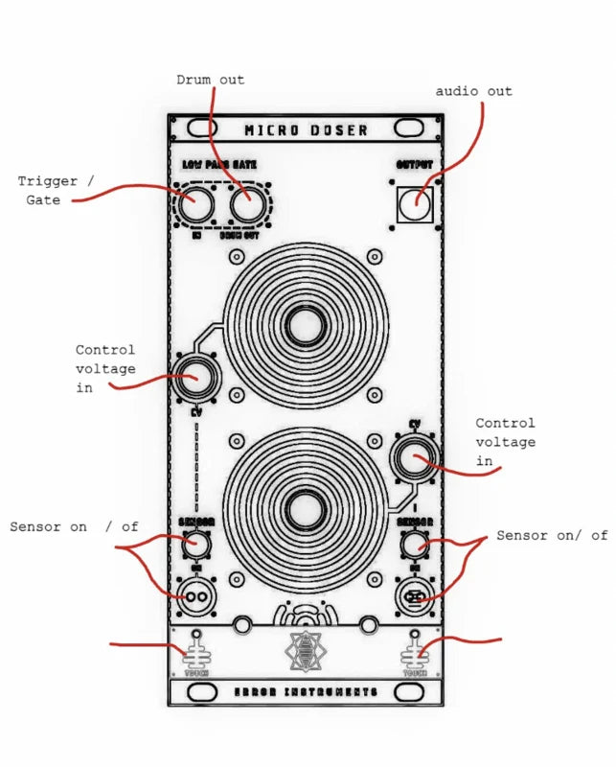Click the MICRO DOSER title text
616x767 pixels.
coord(306,129)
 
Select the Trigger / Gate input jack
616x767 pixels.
coord(195,204)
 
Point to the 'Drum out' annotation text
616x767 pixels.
coord(210,80)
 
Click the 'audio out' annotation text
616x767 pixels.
coord(473,91)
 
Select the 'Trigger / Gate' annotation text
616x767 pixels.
coord(57,190)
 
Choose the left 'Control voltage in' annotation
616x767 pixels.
coord(105,369)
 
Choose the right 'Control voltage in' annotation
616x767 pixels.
coord(505,442)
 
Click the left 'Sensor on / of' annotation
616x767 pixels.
coord(74,527)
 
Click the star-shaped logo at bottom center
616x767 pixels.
coord(306,651)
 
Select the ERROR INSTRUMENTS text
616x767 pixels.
coord(306,691)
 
